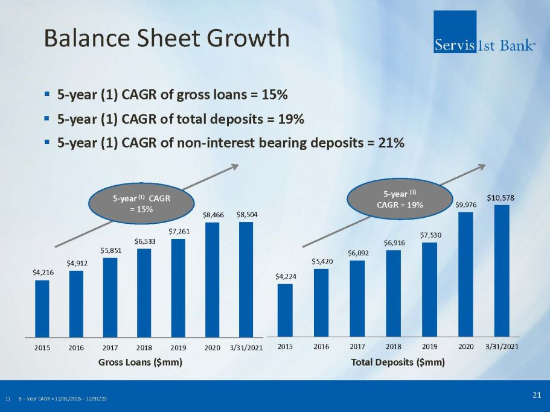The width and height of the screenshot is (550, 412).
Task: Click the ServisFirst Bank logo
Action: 484,32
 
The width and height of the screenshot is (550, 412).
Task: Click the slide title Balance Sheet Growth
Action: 167,38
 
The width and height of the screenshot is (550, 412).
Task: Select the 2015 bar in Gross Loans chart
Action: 42,309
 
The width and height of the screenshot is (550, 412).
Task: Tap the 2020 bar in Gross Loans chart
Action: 213,280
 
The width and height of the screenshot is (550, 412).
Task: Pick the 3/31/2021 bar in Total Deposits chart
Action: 502,271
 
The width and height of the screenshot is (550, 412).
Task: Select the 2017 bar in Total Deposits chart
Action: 357,299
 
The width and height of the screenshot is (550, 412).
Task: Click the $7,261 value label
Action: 179,231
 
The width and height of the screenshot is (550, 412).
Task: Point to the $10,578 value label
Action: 500,198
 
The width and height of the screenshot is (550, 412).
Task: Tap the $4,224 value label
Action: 286,276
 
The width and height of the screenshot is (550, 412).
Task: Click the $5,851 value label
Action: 111,250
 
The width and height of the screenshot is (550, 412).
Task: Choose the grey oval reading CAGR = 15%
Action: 141,203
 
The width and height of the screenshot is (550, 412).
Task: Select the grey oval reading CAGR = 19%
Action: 400,199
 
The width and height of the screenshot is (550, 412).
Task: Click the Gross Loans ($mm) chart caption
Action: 140,362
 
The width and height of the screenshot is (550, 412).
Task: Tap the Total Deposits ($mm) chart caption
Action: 398,362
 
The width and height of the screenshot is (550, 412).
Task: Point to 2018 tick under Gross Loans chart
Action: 144,347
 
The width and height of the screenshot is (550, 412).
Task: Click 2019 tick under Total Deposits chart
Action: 429,346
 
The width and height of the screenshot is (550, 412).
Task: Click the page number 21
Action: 537,395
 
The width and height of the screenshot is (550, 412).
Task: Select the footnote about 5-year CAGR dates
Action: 56,399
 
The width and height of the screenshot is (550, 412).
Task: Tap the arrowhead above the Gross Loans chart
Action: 235,166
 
